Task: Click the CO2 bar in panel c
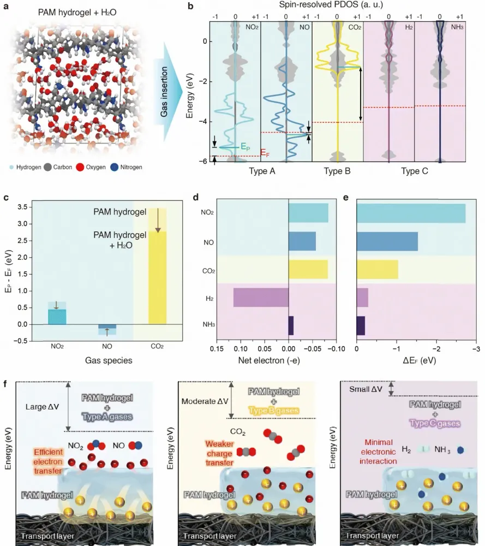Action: pos(157,277)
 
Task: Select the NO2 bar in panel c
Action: pos(57,317)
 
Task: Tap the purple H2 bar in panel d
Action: pos(261,298)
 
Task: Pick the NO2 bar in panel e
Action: pos(411,213)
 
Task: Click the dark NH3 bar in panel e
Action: pos(361,325)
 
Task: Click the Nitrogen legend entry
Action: pos(126,167)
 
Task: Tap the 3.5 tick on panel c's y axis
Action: pos(22,207)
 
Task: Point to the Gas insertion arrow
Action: pos(169,92)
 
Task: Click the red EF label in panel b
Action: pos(265,153)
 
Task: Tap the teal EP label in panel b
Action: pos(246,147)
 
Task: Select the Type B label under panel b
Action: pos(337,171)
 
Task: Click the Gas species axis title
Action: pos(109,360)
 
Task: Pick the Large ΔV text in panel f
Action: pos(41,407)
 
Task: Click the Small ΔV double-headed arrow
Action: pos(391,389)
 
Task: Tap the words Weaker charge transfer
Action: pos(219,453)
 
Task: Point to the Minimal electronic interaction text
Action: pos(378,452)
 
